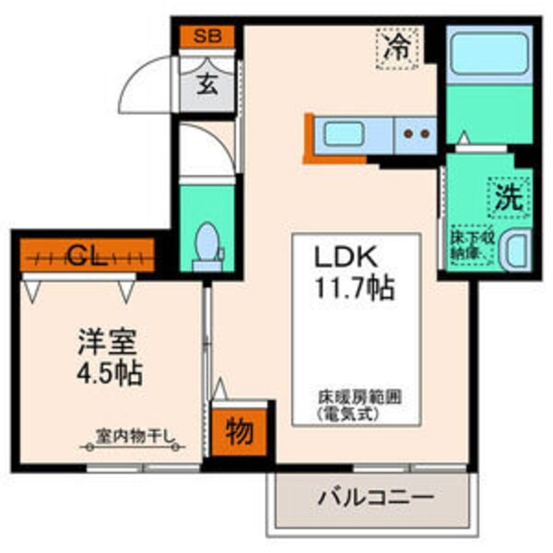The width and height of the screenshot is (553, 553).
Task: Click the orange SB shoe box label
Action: (206, 39)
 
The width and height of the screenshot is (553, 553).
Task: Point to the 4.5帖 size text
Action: (110, 374)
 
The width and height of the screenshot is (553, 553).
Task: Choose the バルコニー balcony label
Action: (375, 500)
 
